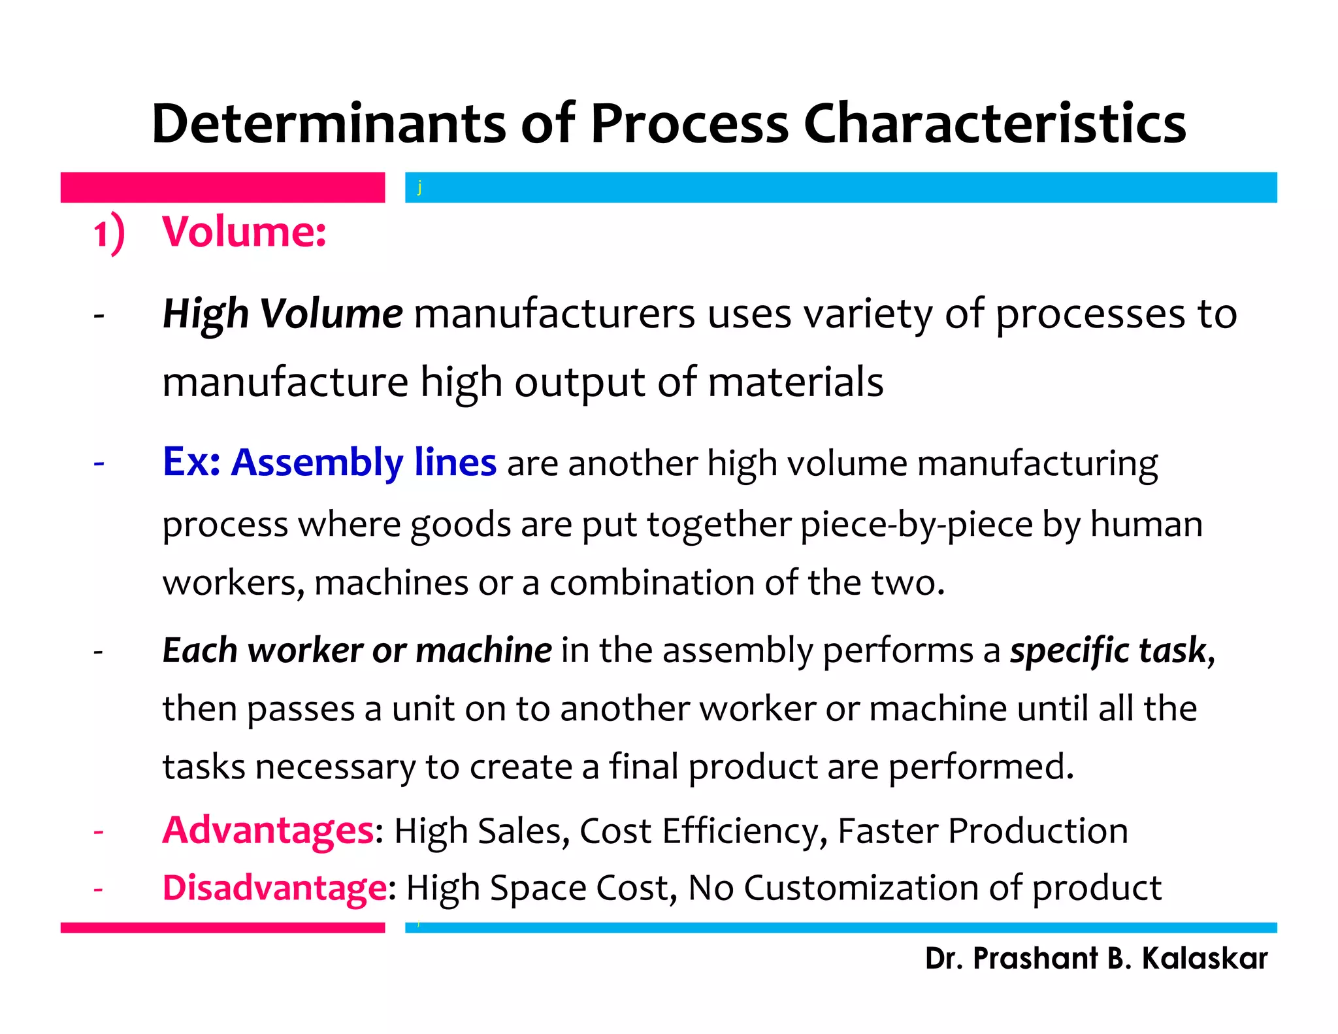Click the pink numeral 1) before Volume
click(108, 233)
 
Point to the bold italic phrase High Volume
click(282, 314)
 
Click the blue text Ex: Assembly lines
click(329, 462)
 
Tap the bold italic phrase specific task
click(1108, 650)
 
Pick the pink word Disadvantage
click(274, 888)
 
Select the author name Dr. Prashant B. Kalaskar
click(1096, 958)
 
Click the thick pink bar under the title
click(223, 188)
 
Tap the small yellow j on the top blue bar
click(419, 188)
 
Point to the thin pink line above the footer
click(223, 927)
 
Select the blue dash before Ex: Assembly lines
click(99, 463)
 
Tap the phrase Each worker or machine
click(357, 650)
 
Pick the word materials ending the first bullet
click(795, 382)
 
